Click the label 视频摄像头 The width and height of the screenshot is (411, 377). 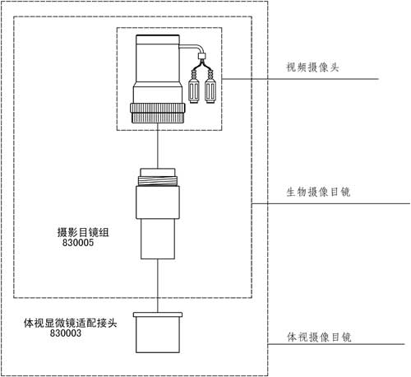click(x=312, y=67)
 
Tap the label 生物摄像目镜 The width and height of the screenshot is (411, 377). click(x=318, y=192)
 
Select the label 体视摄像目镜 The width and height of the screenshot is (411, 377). click(x=319, y=337)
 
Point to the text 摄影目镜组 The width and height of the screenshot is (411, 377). click(x=83, y=232)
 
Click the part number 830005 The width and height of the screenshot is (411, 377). click(x=78, y=243)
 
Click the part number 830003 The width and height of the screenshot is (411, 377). click(x=66, y=333)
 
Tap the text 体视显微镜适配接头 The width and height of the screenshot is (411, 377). click(x=71, y=323)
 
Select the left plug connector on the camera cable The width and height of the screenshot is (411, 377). click(x=194, y=87)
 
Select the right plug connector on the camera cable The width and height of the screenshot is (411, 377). click(x=210, y=87)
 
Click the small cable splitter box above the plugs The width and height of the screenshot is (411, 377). click(x=201, y=56)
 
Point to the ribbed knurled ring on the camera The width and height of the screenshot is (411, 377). click(x=158, y=113)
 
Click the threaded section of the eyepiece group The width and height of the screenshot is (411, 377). click(x=158, y=180)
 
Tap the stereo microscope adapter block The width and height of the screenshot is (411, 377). click(x=158, y=333)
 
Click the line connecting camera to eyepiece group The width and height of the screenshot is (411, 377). click(x=158, y=146)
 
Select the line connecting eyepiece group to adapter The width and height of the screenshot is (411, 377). click(x=158, y=286)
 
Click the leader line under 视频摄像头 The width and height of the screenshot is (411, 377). click(x=300, y=79)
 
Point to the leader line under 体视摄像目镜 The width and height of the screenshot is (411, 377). click(x=336, y=344)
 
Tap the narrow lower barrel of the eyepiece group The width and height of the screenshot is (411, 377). click(x=158, y=239)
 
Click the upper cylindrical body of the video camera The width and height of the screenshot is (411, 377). click(x=158, y=60)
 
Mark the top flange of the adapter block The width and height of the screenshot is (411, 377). click(x=158, y=314)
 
